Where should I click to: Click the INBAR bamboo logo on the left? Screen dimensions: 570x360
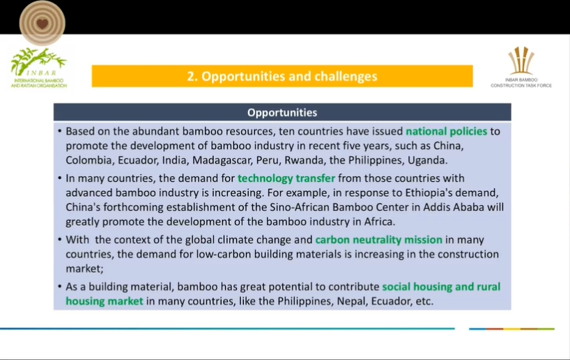(x=38, y=68)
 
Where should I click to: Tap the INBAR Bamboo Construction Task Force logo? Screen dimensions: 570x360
(x=521, y=68)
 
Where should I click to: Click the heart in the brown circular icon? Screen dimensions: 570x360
(x=43, y=24)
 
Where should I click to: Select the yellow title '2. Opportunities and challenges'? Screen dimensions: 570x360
(x=282, y=77)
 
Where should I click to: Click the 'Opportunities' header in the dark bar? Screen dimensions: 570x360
(x=282, y=113)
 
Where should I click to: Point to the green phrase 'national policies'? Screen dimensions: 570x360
(x=447, y=131)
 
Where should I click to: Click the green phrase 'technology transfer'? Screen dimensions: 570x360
(x=286, y=178)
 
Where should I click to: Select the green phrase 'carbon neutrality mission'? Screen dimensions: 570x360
(x=379, y=240)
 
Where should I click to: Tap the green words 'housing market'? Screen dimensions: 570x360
(x=105, y=301)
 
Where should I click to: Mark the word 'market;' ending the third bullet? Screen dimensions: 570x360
(x=85, y=269)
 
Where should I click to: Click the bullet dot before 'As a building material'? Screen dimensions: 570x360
(x=60, y=287)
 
